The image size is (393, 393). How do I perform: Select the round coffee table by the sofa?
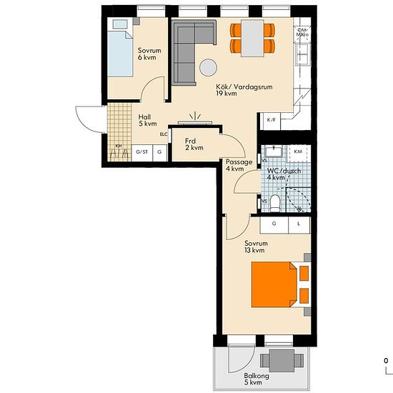click(x=208, y=67)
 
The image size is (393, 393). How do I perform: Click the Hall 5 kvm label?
click(x=146, y=119)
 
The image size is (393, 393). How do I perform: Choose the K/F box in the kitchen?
click(x=272, y=120)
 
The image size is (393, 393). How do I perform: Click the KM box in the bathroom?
click(x=298, y=152)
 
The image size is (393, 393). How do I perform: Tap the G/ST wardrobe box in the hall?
click(x=142, y=151)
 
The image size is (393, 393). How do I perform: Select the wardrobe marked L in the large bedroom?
click(x=299, y=224)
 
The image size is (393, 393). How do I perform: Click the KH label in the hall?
click(x=119, y=147)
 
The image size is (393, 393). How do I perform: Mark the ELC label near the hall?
click(x=164, y=134)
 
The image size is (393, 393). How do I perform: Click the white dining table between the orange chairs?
click(x=252, y=38)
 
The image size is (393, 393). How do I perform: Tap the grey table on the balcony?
click(x=276, y=359)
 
